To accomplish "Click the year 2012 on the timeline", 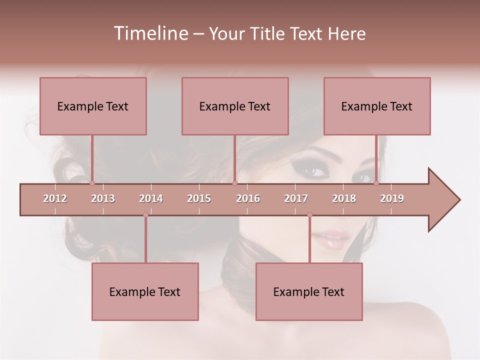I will click(55, 198).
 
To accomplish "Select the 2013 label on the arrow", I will click(103, 198).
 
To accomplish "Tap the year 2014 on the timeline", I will click(151, 198).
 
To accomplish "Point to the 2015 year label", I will click(199, 198).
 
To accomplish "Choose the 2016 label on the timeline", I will click(248, 198).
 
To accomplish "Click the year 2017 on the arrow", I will click(296, 198).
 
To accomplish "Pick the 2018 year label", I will click(344, 198).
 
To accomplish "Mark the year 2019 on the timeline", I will click(392, 198).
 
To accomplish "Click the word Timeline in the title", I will click(149, 33).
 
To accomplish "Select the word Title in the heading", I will click(269, 34).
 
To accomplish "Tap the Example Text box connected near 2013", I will click(93, 106).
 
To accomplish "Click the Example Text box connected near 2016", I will click(235, 106).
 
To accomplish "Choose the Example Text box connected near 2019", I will click(377, 106).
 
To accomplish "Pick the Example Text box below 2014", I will click(145, 291).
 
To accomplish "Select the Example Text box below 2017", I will click(309, 291).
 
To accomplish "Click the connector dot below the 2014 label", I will click(145, 215).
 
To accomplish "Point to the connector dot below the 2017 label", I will click(309, 215).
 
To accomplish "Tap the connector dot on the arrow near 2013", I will click(92, 183).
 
